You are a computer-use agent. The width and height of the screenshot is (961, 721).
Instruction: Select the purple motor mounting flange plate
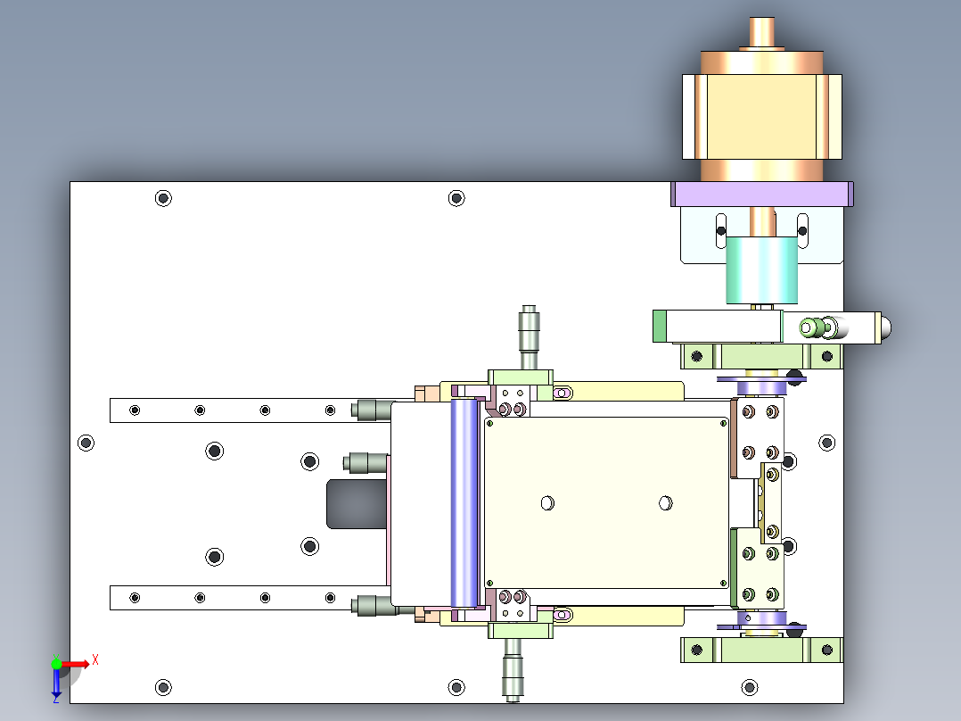(762, 194)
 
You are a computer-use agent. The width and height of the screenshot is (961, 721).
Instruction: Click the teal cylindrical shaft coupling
(762, 270)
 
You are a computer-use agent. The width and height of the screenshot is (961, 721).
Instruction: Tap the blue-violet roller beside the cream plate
(464, 502)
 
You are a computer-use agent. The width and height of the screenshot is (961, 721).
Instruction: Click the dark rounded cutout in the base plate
(357, 504)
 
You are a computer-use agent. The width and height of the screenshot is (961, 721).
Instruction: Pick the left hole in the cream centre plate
(548, 503)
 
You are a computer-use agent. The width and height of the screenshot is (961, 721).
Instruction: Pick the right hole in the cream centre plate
(666, 503)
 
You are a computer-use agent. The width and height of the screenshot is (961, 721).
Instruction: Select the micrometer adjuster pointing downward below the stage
(513, 669)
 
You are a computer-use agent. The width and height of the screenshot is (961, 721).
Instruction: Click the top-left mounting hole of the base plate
(163, 198)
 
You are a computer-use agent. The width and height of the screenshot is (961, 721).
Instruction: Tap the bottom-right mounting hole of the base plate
(750, 687)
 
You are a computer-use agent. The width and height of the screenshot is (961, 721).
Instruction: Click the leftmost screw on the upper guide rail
(135, 410)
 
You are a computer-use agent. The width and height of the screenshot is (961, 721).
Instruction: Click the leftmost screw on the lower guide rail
(135, 598)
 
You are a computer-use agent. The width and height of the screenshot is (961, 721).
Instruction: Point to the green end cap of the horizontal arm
(660, 327)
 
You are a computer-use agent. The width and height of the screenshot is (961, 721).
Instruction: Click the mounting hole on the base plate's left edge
(86, 443)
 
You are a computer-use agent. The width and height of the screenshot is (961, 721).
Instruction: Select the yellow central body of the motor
(762, 117)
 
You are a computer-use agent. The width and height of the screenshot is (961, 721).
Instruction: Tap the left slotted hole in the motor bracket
(721, 231)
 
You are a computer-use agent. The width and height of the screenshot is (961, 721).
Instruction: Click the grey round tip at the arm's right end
(886, 327)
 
